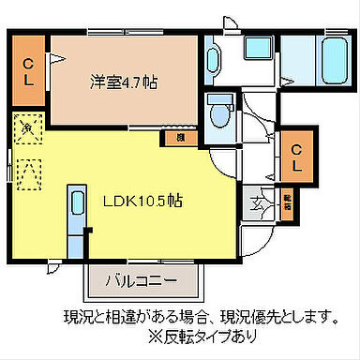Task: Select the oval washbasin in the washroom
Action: click(212, 60)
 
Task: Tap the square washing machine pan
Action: click(256, 56)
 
